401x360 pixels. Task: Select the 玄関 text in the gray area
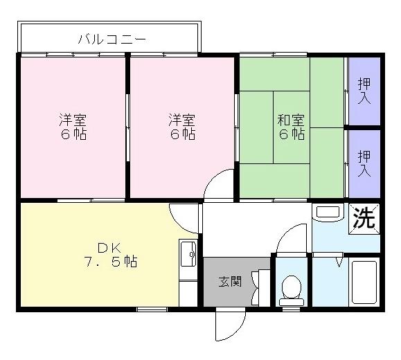coord(230,282)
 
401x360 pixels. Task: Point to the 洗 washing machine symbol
coord(364,219)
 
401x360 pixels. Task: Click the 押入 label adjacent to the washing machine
coord(364,163)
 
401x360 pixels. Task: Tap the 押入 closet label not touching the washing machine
coord(364,91)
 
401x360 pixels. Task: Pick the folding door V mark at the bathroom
coord(339,262)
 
